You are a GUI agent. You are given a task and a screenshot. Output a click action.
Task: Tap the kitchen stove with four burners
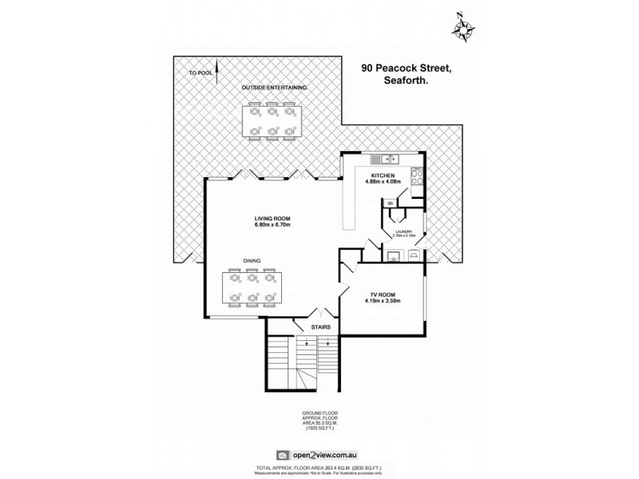(x=416, y=177)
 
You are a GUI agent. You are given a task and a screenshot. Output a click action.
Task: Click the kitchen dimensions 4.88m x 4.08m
(x=383, y=182)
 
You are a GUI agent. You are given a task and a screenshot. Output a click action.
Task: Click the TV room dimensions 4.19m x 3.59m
(x=383, y=301)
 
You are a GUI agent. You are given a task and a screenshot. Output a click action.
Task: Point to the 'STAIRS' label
(x=310, y=327)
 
